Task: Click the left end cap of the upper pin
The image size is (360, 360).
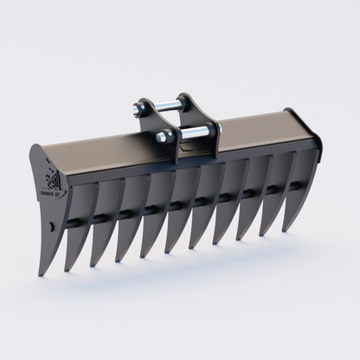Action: point(138,109)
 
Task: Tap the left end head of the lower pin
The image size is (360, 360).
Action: point(162,137)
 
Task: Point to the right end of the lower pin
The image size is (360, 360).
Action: point(217,128)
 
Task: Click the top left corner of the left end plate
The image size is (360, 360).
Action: point(35,146)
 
